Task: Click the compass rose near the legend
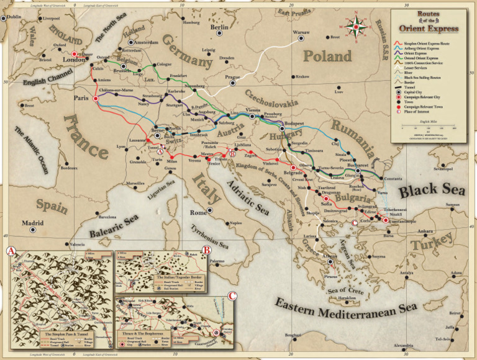coord(357,27)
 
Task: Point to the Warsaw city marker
coord(301,38)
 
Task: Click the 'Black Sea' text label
coord(427,191)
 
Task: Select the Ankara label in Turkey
coord(425,232)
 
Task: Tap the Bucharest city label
coord(358,166)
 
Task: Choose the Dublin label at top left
coord(12,17)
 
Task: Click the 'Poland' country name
coord(327,56)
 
